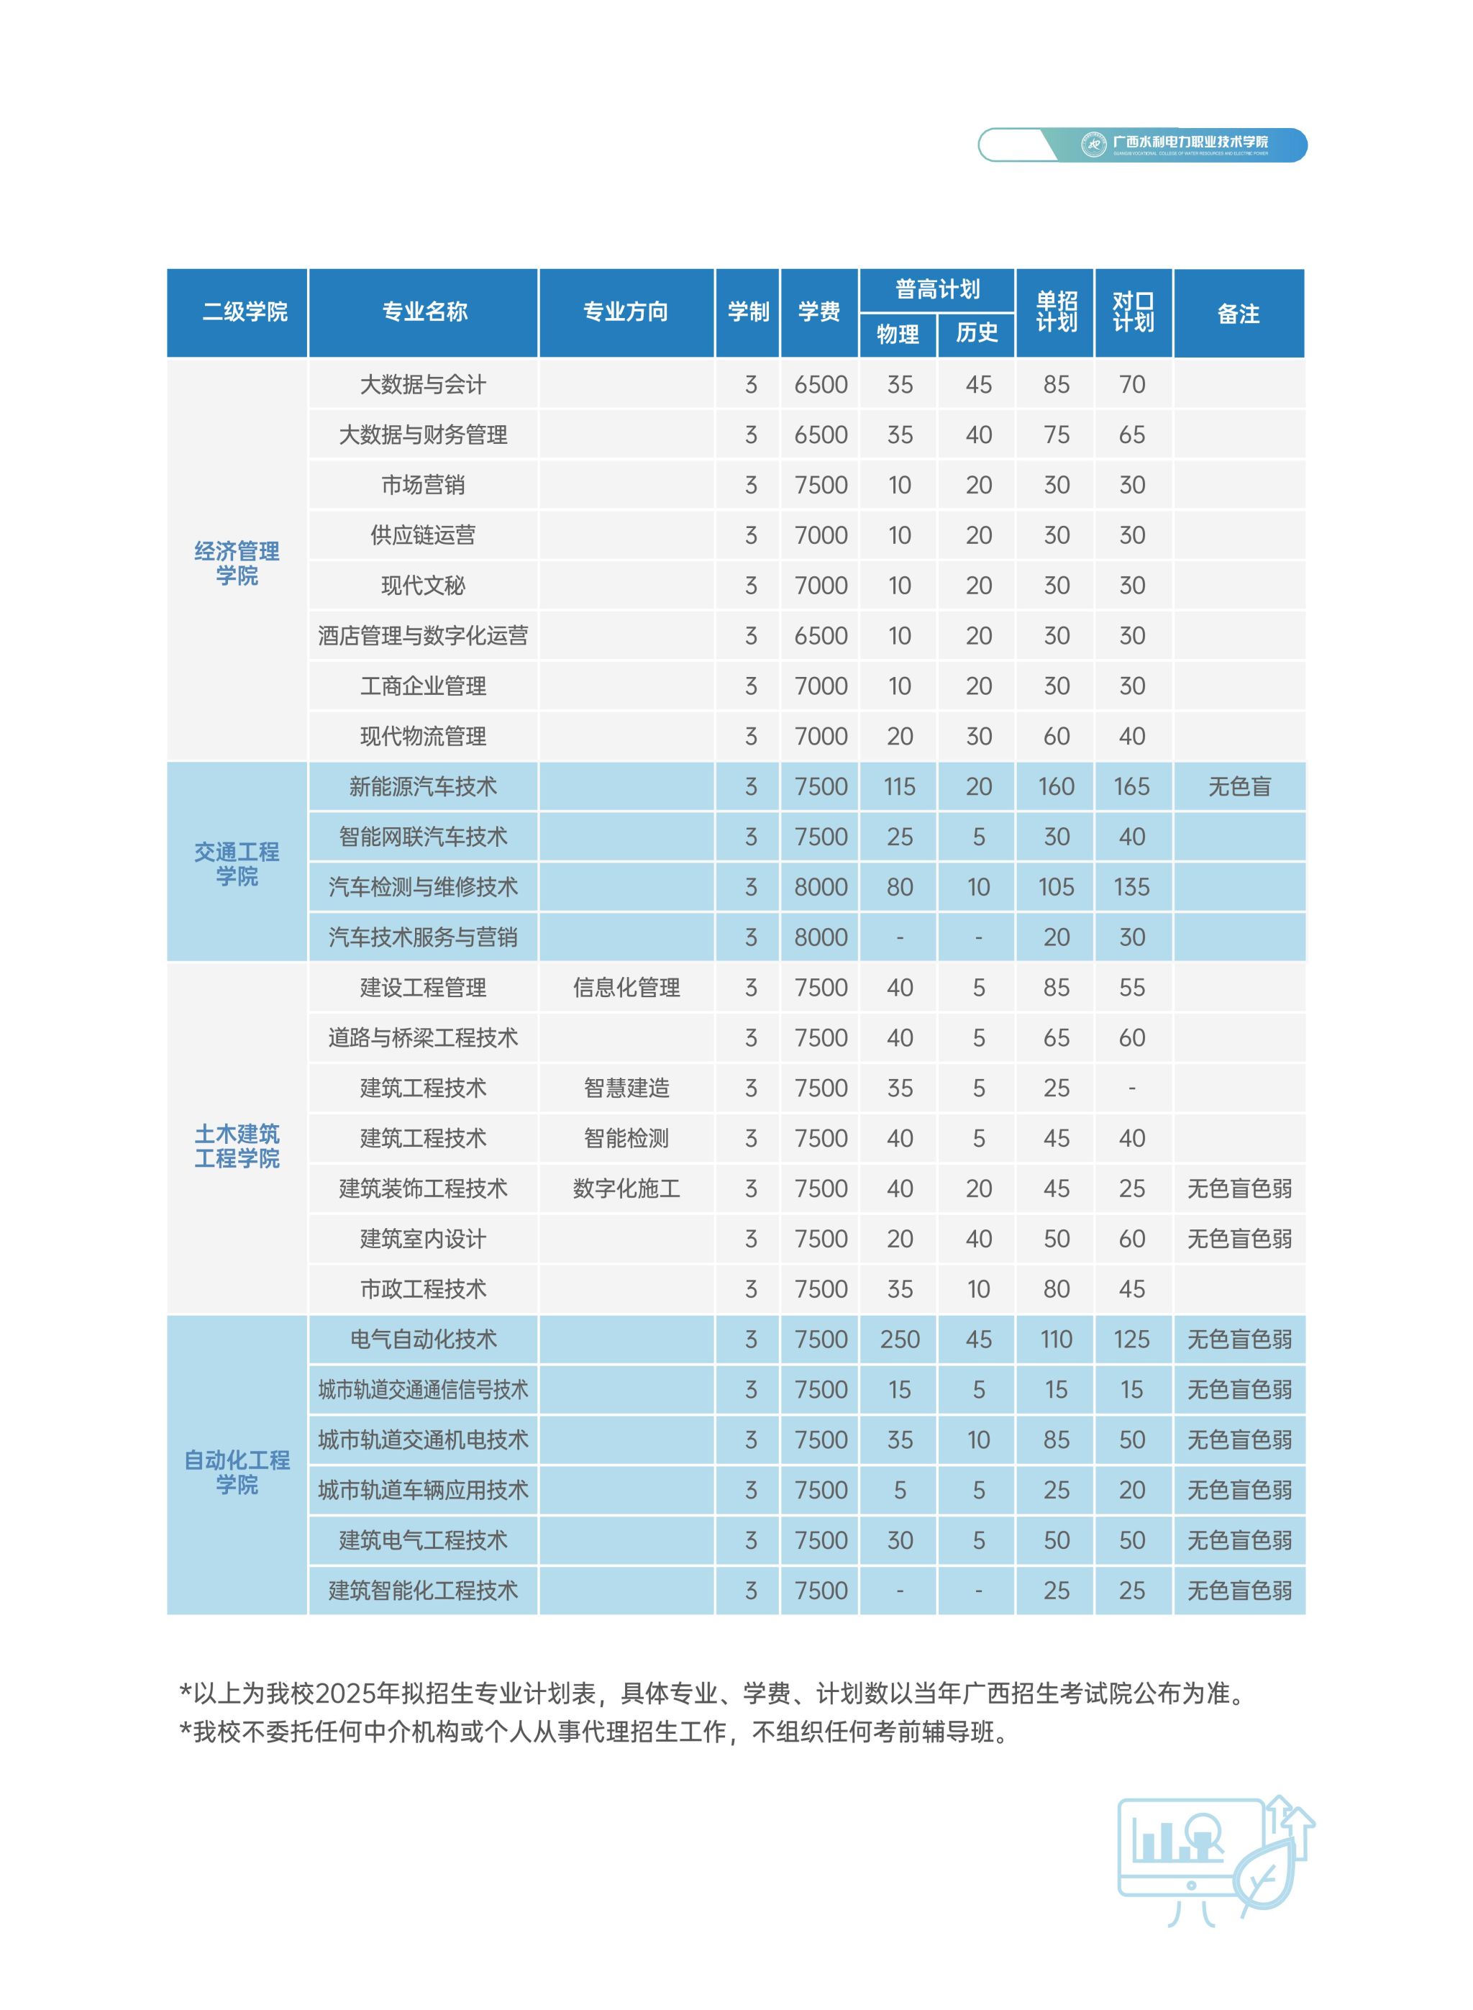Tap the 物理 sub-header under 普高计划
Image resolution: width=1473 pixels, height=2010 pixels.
(897, 335)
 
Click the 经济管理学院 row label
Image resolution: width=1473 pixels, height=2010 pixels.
(237, 563)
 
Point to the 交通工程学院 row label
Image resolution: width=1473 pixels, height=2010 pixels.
(237, 863)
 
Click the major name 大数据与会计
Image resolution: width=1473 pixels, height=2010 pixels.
(423, 384)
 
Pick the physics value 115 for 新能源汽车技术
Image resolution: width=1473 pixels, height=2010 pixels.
(899, 786)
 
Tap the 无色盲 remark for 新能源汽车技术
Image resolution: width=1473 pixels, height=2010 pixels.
(1239, 786)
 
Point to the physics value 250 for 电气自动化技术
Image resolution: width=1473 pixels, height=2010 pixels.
(899, 1340)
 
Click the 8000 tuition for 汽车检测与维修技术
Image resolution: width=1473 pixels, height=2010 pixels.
(821, 887)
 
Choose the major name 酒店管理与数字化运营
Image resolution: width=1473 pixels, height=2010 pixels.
(423, 636)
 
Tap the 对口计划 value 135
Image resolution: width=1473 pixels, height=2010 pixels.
(1131, 887)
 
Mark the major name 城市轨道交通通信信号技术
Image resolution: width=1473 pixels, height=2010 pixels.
(423, 1389)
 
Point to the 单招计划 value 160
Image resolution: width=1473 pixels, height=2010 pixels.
(1056, 786)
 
